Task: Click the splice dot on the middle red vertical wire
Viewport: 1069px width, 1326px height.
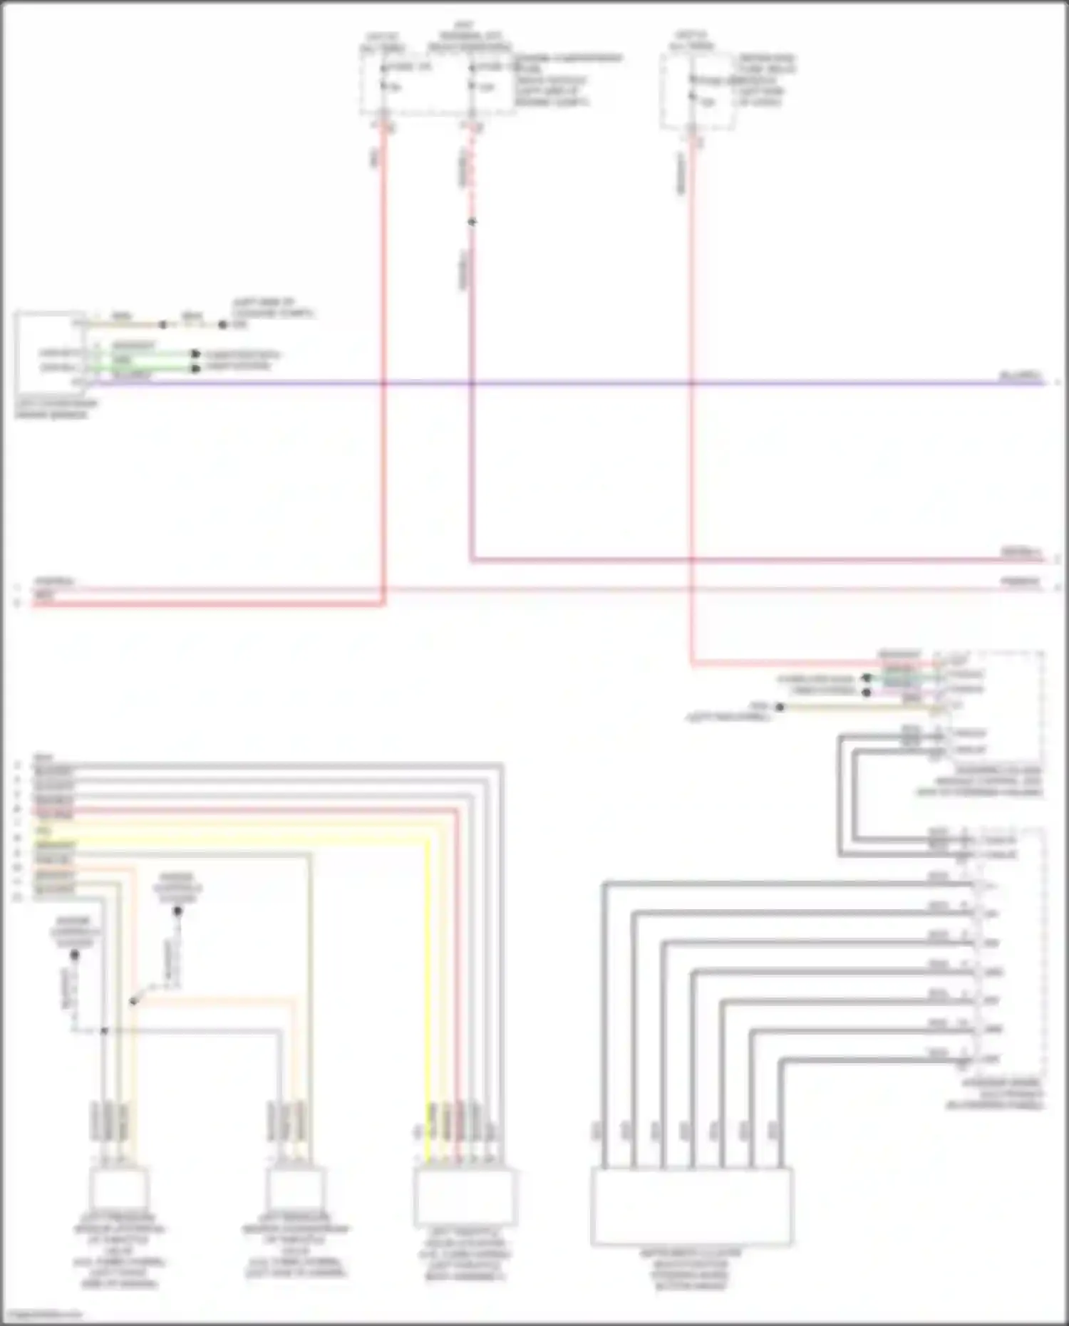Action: coord(472,222)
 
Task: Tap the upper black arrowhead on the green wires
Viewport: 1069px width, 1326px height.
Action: coord(195,354)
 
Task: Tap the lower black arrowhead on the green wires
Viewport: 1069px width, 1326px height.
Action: coord(195,368)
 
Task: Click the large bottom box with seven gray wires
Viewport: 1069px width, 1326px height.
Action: coord(691,1206)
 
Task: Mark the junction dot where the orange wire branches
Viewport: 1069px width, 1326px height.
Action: coord(133,1001)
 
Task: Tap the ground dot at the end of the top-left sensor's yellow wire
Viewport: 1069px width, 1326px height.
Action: coord(222,325)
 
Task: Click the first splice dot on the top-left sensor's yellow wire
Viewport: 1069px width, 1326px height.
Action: coord(163,325)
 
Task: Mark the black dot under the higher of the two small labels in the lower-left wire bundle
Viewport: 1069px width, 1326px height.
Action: coord(178,911)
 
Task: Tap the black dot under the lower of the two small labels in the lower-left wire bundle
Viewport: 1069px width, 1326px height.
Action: coord(75,954)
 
